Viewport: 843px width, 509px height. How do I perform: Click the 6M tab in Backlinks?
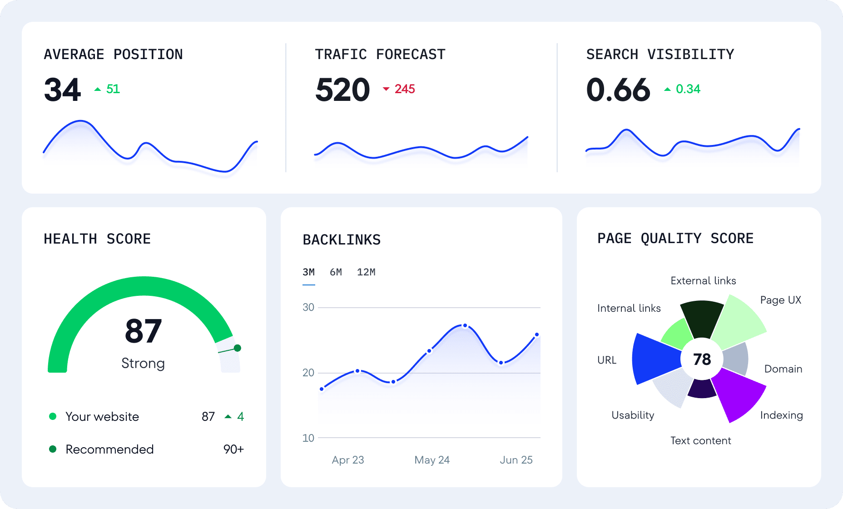[336, 272]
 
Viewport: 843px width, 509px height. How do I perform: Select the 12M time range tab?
[366, 272]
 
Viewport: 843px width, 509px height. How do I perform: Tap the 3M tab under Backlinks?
[309, 272]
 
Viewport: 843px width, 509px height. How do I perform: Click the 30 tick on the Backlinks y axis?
[308, 308]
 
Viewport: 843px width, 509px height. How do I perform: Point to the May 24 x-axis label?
[432, 460]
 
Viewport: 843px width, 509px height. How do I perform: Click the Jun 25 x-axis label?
[516, 460]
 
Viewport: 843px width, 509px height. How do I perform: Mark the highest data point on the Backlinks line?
[465, 325]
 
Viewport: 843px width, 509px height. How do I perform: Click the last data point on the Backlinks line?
[537, 334]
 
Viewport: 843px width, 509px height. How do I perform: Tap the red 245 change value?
[405, 89]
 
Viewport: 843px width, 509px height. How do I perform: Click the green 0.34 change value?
[688, 89]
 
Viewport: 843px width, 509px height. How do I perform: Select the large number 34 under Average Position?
[63, 90]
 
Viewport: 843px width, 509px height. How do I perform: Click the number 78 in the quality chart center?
[702, 359]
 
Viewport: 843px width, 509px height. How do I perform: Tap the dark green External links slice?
[702, 318]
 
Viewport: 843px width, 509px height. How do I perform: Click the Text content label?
[701, 440]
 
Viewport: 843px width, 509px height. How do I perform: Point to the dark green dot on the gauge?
[237, 348]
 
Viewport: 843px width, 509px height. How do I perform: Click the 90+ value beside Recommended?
[233, 449]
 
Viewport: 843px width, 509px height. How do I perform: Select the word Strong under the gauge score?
[143, 364]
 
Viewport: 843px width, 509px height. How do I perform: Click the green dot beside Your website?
[53, 416]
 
